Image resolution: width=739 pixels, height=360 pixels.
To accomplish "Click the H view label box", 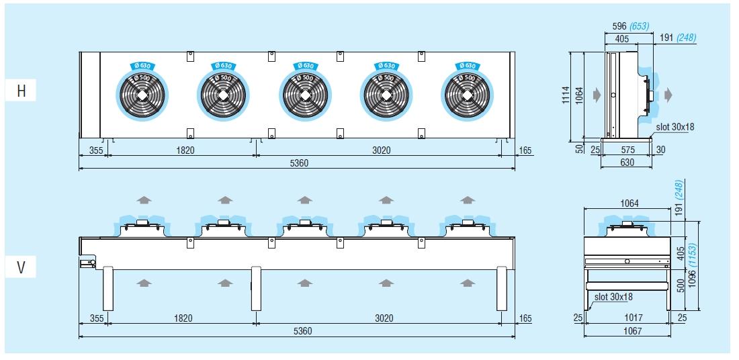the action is click(x=20, y=91).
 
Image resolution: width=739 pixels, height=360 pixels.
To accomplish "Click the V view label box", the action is click(x=20, y=267).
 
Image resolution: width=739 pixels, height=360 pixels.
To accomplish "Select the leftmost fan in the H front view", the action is click(x=142, y=95).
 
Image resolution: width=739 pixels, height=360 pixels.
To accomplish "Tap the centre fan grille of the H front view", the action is click(x=306, y=95).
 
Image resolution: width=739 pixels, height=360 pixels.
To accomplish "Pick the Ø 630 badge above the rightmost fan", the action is click(x=468, y=66).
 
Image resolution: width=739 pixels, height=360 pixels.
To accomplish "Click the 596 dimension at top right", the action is click(x=619, y=26).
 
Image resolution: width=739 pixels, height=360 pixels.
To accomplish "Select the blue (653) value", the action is click(x=639, y=26).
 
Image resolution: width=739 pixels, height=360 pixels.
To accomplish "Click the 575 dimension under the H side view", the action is click(x=627, y=150).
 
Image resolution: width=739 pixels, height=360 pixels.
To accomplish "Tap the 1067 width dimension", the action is click(x=627, y=330).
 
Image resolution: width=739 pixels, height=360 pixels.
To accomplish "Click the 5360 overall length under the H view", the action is click(x=299, y=163).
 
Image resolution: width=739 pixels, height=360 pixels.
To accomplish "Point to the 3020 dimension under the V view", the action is click(x=384, y=318).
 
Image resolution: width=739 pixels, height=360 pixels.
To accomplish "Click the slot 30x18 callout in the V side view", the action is click(x=613, y=298).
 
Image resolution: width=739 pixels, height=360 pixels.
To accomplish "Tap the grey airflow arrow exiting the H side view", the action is click(x=668, y=95).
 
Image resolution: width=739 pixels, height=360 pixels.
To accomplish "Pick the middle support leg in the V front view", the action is click(x=256, y=288).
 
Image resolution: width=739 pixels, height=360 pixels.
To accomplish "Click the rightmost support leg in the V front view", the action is click(x=502, y=288).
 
